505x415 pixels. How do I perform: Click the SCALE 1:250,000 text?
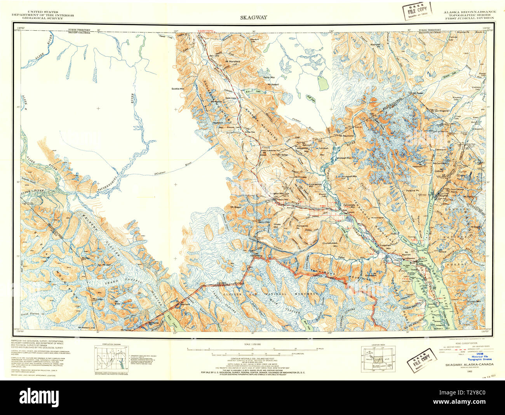(x=252, y=345)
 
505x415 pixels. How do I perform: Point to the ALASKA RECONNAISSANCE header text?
(x=469, y=12)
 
